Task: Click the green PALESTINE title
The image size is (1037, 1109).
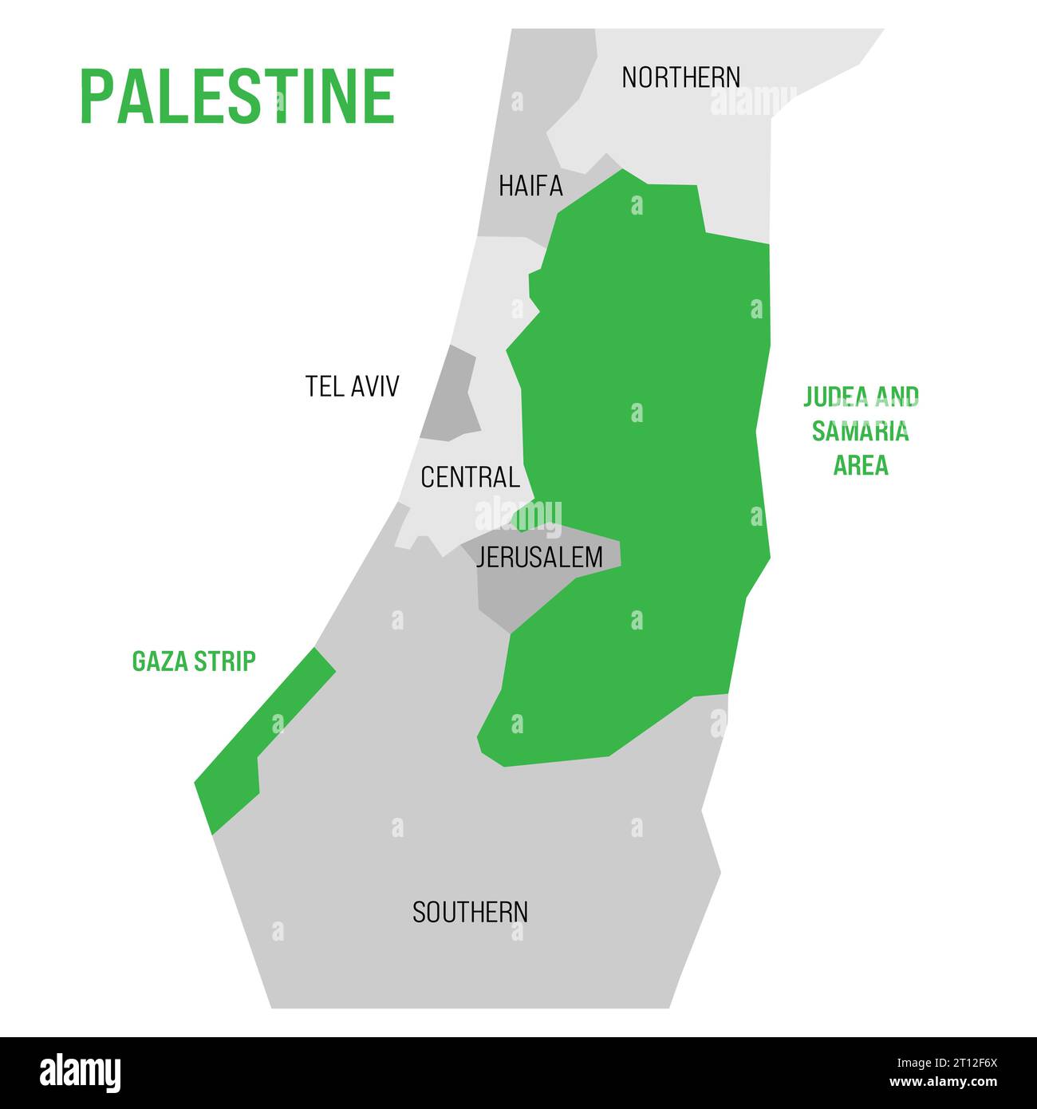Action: click(238, 97)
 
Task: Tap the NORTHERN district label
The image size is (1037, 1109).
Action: click(680, 77)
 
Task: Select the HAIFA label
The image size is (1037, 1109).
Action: click(530, 186)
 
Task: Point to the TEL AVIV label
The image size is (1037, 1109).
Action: click(352, 386)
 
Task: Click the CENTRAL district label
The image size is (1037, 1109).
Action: click(470, 477)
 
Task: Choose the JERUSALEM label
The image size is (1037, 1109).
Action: click(539, 557)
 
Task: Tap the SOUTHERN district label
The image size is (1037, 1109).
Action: click(470, 912)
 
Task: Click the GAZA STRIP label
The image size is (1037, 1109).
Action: click(194, 661)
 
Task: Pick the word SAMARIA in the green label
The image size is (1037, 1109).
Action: click(861, 431)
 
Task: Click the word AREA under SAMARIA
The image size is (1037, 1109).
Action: click(861, 465)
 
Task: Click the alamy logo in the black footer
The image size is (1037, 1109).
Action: click(80, 1073)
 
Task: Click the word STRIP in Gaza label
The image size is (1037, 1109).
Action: click(230, 661)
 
